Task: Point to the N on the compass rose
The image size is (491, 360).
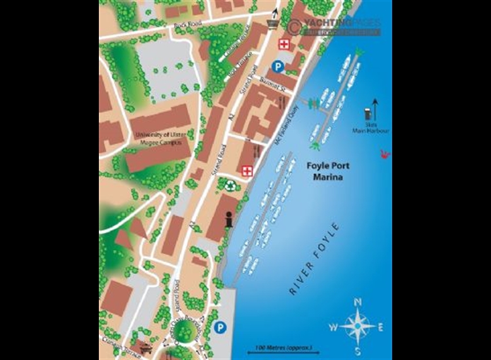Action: [x=357, y=302]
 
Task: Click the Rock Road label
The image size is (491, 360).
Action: [x=183, y=27]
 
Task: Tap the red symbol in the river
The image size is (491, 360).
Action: [x=386, y=154]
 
